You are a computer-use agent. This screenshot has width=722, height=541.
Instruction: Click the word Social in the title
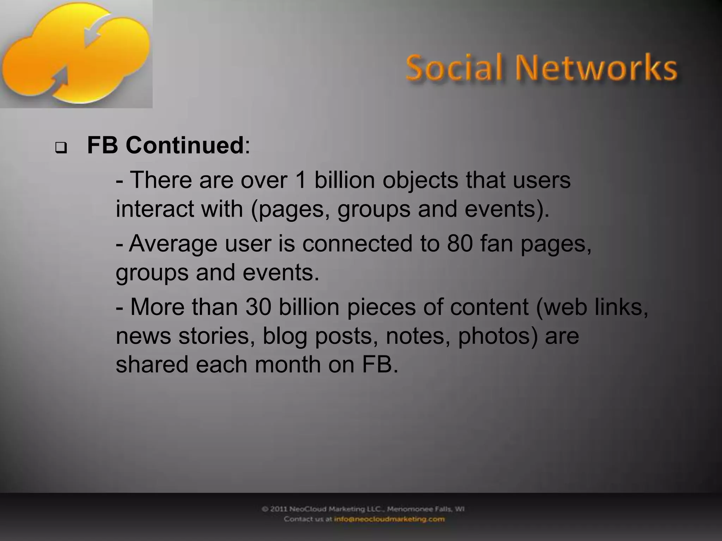[454, 68]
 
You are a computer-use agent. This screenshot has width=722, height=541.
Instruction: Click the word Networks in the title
[596, 68]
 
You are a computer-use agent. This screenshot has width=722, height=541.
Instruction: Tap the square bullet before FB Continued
[61, 148]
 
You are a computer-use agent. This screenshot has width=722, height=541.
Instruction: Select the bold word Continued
[185, 145]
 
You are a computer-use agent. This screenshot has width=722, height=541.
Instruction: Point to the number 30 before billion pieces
[258, 307]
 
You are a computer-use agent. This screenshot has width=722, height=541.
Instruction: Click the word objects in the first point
[420, 181]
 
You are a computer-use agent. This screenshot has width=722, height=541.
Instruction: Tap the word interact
[155, 209]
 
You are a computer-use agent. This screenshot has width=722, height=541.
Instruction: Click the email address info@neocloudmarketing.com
[389, 519]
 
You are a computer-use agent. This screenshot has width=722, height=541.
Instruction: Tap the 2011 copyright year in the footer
[279, 509]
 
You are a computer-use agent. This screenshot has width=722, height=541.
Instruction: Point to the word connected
[357, 243]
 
